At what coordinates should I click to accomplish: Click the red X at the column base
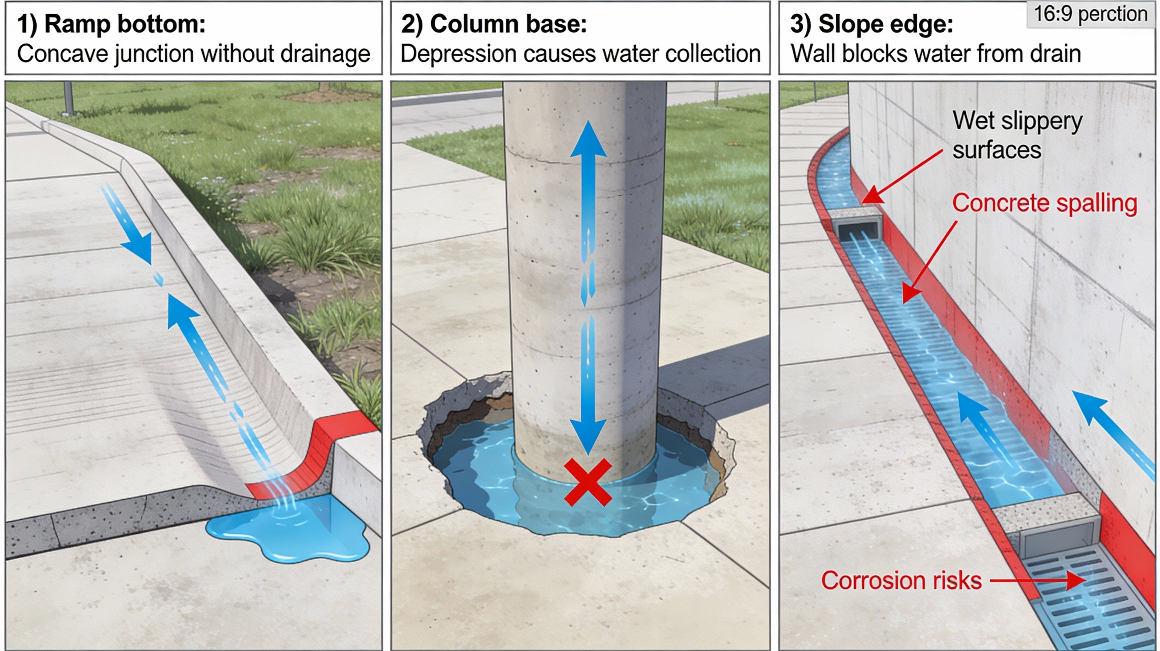(588, 482)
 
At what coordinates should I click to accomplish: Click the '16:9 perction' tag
(1090, 14)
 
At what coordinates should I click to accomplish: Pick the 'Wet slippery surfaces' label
(1017, 135)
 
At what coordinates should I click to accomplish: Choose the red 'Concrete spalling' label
(1044, 203)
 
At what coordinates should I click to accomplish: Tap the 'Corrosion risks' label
(901, 580)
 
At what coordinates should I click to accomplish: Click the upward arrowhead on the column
(588, 140)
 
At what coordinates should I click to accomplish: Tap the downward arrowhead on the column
(588, 437)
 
